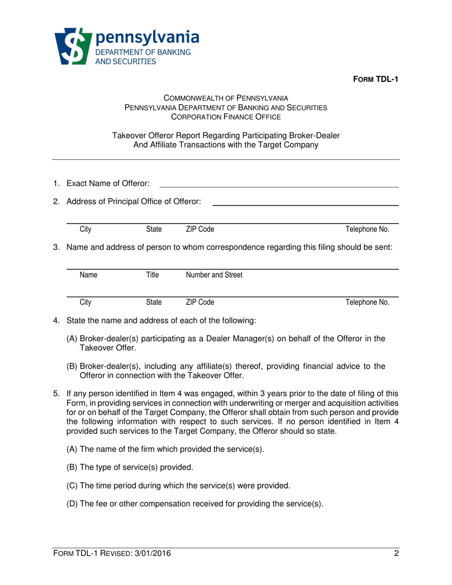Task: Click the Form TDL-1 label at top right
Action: (x=374, y=79)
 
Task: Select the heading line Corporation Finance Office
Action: (x=226, y=116)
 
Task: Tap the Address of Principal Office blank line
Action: (x=305, y=205)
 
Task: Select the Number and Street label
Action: (x=214, y=275)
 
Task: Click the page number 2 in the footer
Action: (x=396, y=553)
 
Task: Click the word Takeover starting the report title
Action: (x=127, y=136)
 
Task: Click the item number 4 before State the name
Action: (x=56, y=321)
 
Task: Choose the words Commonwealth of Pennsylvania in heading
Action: (x=226, y=98)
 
